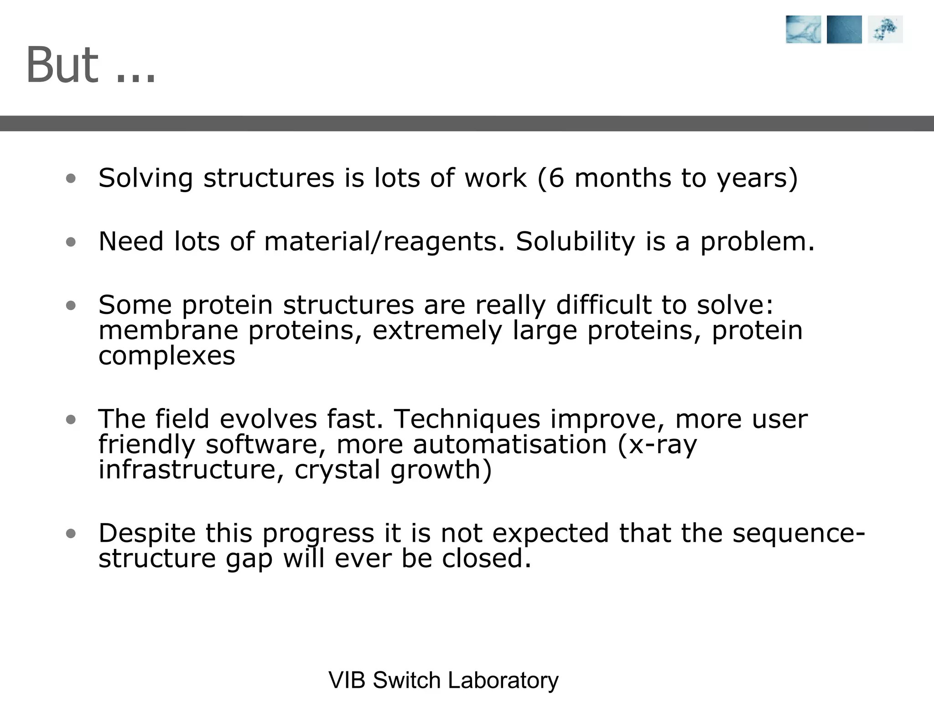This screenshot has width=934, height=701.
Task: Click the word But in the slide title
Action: (x=62, y=65)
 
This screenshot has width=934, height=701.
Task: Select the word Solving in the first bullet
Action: (x=145, y=178)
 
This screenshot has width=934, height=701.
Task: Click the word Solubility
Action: (x=575, y=241)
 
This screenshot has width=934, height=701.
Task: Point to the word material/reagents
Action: (x=385, y=241)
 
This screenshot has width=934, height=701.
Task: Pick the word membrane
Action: (x=168, y=330)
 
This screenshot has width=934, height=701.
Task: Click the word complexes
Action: (x=167, y=356)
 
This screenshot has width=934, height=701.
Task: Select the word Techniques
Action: (x=467, y=419)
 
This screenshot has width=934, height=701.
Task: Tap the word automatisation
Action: (x=509, y=444)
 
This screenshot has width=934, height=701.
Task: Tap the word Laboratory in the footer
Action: (x=503, y=680)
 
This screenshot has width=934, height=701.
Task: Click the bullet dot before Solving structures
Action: (x=70, y=178)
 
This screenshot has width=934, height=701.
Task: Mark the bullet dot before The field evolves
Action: (x=70, y=419)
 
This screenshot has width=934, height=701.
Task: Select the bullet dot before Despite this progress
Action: (x=70, y=534)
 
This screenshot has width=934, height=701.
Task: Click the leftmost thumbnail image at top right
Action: (x=803, y=30)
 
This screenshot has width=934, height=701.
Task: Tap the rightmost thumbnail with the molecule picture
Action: (x=885, y=30)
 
